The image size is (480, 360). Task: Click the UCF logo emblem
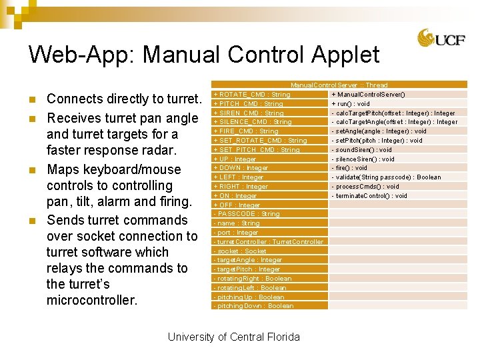[x=427, y=39]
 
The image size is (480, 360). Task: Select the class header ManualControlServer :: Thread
[x=339, y=85]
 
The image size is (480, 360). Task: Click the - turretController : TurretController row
[x=268, y=242]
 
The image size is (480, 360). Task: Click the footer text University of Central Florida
[x=234, y=337]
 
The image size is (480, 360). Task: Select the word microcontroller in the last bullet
[x=92, y=300]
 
